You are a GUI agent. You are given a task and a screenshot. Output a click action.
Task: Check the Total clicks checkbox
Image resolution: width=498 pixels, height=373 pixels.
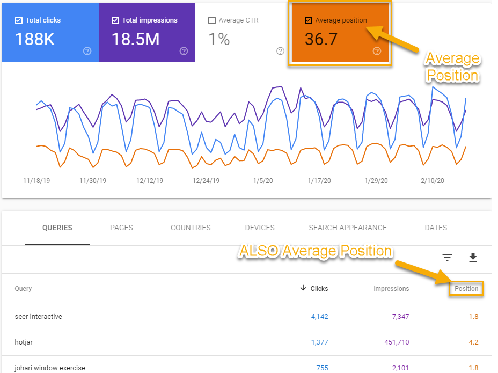pos(19,20)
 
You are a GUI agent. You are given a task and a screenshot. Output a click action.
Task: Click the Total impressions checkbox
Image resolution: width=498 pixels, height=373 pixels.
pos(115,20)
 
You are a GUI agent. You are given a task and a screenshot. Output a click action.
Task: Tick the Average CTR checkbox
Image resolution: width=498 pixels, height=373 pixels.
pos(212,20)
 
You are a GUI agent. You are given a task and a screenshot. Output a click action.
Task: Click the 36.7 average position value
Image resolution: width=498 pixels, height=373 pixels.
pos(321,39)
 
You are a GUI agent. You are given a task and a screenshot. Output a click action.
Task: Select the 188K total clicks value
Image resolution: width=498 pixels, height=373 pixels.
pos(35,39)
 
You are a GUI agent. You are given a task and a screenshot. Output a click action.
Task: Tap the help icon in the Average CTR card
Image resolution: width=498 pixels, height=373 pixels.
pos(280,51)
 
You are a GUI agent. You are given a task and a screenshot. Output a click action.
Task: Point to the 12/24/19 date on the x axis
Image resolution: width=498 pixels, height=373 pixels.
pos(206,181)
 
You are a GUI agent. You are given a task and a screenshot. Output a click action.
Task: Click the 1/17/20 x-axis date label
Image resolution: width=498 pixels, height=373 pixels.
pos(320,181)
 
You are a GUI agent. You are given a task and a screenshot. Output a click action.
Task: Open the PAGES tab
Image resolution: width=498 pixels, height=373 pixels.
pos(121,228)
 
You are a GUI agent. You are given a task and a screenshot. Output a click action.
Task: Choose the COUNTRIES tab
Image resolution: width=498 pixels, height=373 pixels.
pos(191,228)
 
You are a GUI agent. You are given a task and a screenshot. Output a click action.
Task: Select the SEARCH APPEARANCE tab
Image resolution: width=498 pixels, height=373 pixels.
pos(348,228)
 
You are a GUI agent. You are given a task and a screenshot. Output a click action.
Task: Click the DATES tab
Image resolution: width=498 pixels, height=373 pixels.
pos(436,228)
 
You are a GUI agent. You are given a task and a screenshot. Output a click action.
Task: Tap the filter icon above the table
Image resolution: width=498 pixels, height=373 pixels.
pos(447,258)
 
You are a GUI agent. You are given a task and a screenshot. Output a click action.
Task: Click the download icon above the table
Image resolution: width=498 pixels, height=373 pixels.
pos(473,258)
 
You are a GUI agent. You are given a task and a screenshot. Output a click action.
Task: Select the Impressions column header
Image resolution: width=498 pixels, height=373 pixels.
pos(391,289)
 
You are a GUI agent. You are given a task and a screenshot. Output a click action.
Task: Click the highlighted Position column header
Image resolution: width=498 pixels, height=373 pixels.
pos(466,289)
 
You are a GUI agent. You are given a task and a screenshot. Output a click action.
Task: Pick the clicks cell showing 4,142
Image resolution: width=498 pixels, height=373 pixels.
pos(319,317)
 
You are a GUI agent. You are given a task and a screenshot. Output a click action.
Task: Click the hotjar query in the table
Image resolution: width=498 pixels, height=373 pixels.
pos(24,342)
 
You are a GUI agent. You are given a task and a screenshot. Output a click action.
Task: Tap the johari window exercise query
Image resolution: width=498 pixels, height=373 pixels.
pos(50,368)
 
